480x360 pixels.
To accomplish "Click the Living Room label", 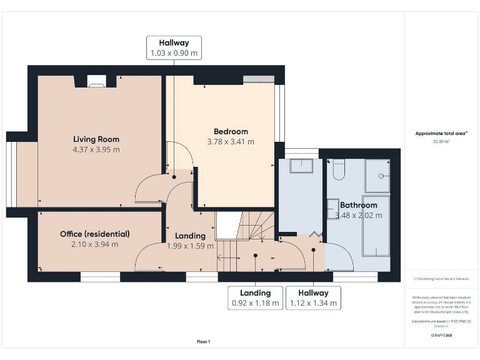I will coord(96,139).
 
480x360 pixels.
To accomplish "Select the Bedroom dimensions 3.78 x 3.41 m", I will coord(231,142).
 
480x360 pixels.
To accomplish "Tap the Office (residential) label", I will coord(95,234).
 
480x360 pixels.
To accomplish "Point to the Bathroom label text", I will coord(358,205).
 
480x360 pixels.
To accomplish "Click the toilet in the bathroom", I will coord(338,169).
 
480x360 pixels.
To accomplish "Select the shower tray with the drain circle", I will coord(377,176).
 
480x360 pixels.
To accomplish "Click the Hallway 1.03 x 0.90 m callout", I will coord(174,48).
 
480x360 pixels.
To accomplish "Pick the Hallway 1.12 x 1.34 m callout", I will coord(313,298).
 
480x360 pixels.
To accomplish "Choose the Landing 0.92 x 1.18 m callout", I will coord(255,298).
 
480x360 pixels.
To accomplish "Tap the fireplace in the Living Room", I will coord(96,80).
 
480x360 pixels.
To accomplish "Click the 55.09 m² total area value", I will coord(441,142).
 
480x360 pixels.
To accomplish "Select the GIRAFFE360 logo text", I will coord(441,336).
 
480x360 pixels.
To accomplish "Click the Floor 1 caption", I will coord(203,341).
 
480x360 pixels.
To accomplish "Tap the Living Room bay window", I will coord(11,174).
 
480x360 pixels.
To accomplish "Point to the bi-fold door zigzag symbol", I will coord(316,234).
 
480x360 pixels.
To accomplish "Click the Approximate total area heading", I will coord(441,133).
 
